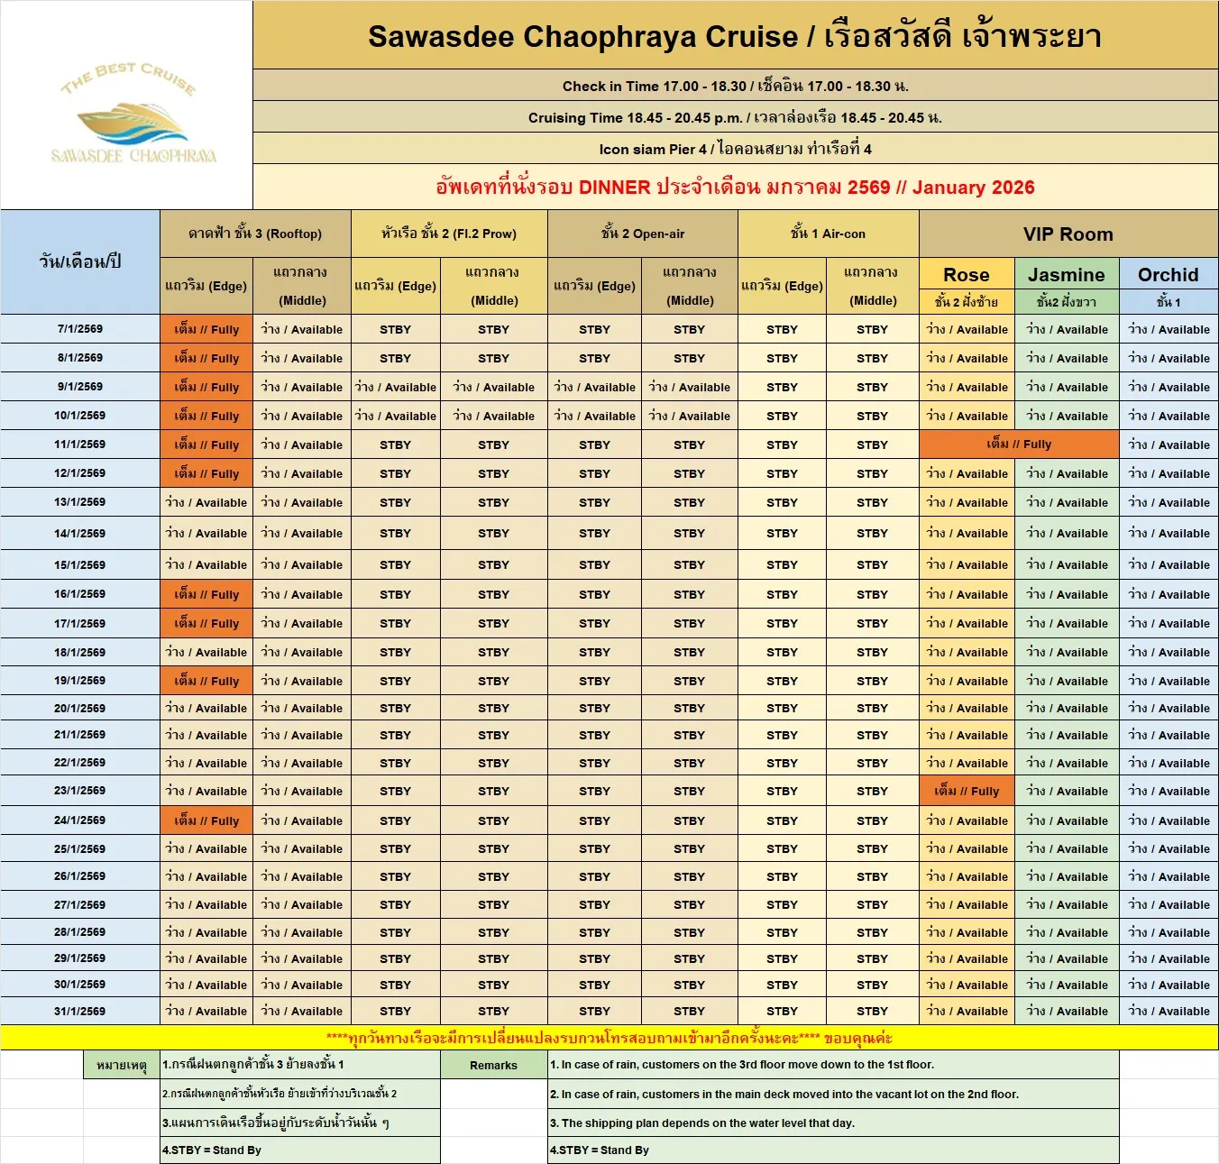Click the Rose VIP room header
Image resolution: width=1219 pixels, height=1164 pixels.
click(967, 275)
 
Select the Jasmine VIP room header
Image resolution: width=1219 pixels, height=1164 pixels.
click(1067, 275)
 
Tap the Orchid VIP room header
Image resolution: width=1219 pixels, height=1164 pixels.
click(1168, 275)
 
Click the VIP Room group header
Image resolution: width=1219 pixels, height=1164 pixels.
click(1068, 234)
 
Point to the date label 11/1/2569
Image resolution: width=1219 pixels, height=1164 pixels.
click(79, 445)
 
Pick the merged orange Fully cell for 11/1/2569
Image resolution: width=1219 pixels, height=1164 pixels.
click(1019, 445)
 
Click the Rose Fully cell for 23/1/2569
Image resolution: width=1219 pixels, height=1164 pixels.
click(967, 792)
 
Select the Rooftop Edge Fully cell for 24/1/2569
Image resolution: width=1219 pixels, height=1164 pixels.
click(206, 820)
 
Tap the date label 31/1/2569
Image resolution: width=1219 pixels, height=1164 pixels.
click(79, 1012)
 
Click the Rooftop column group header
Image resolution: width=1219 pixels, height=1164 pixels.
click(255, 234)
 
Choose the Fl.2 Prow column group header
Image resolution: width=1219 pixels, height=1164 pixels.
click(448, 234)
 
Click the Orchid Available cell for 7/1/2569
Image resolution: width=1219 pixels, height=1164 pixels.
click(1169, 330)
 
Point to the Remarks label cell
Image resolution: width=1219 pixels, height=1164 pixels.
click(493, 1066)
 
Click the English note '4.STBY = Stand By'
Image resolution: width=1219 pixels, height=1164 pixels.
click(600, 1150)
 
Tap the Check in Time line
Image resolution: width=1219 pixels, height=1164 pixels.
click(735, 87)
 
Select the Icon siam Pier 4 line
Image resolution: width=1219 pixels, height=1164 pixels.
click(735, 149)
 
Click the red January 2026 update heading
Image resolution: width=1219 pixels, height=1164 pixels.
click(735, 188)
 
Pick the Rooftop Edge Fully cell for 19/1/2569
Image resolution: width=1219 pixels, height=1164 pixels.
click(206, 682)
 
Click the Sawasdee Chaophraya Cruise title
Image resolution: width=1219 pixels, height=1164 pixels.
click(735, 37)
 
